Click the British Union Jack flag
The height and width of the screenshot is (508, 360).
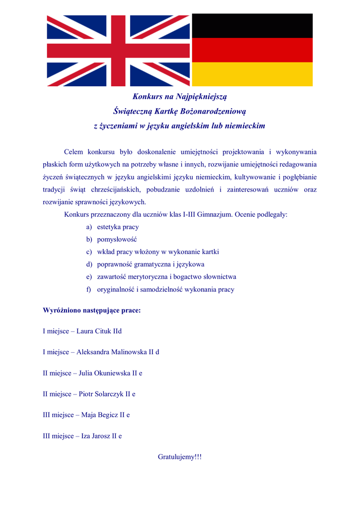coord(118,50)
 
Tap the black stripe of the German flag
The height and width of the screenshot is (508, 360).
coord(252,26)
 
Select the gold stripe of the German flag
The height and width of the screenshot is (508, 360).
coord(252,74)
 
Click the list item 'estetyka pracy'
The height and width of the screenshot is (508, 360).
coord(118,227)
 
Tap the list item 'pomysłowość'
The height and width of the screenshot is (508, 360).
coord(117,240)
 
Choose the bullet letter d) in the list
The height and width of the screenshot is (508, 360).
coord(89,264)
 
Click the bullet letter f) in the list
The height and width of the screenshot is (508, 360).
coord(89,289)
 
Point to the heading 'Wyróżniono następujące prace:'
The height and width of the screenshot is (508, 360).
coord(91,311)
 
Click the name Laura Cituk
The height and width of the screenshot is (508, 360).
coord(94,331)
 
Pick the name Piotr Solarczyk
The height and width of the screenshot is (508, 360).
coord(101,394)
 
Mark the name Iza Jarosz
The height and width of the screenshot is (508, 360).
coord(95,436)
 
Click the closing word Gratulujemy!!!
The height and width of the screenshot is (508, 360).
coord(180,456)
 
